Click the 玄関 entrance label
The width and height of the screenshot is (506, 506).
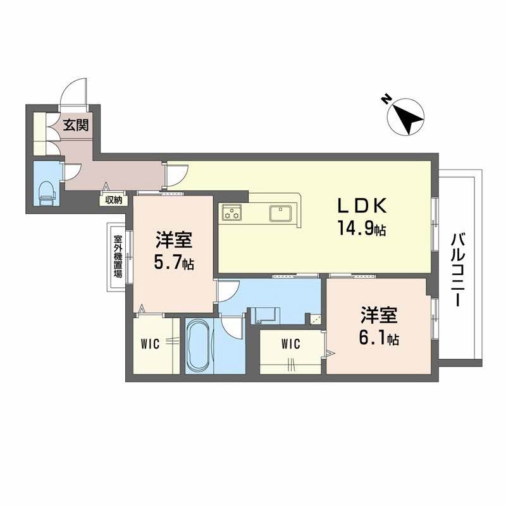click(x=75, y=125)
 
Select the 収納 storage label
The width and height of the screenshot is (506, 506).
click(x=113, y=201)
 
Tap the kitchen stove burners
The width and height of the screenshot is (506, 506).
click(x=231, y=214)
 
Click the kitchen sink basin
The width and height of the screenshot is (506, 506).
click(x=280, y=213)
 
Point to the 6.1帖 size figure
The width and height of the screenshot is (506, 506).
click(x=378, y=338)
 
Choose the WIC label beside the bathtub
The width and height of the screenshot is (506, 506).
click(x=150, y=344)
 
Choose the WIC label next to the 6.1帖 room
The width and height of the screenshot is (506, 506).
click(x=290, y=344)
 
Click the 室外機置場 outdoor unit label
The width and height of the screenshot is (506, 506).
click(x=118, y=257)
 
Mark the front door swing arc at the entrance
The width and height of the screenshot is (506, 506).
click(x=73, y=92)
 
